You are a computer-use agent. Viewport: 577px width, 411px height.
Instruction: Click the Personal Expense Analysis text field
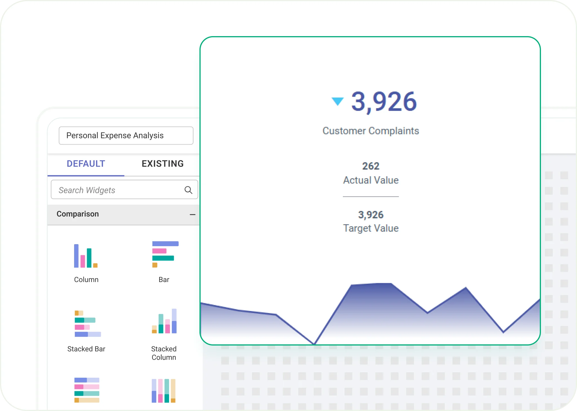click(x=126, y=135)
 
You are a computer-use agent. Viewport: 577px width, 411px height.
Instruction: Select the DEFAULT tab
click(x=86, y=164)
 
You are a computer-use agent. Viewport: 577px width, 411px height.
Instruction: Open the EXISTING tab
click(x=163, y=164)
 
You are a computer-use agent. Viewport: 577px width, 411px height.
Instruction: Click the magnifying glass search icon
click(x=188, y=190)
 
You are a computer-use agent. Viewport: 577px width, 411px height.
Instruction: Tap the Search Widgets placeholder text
click(x=87, y=190)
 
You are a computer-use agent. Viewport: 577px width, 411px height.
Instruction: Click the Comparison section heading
click(x=78, y=214)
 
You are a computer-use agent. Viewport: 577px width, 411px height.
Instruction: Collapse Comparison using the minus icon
click(x=192, y=215)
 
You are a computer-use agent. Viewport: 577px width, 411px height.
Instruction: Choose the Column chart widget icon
click(x=86, y=256)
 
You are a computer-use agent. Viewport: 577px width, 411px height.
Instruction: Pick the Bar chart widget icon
click(x=165, y=254)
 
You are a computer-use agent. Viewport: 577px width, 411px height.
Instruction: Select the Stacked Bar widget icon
click(x=87, y=323)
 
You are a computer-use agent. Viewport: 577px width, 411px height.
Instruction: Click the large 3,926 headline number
click(x=384, y=102)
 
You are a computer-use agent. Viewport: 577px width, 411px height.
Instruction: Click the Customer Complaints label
click(x=371, y=131)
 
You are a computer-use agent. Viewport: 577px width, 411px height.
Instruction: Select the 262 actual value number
click(x=371, y=166)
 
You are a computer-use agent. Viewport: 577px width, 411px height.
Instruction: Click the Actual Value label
click(x=371, y=180)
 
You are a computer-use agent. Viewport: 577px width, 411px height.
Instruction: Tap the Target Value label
click(x=371, y=228)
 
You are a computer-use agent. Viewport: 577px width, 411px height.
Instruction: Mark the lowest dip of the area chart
click(x=314, y=344)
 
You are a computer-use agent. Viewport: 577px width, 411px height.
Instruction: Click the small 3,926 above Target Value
click(x=371, y=215)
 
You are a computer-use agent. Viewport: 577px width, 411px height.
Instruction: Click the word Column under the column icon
click(x=86, y=279)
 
